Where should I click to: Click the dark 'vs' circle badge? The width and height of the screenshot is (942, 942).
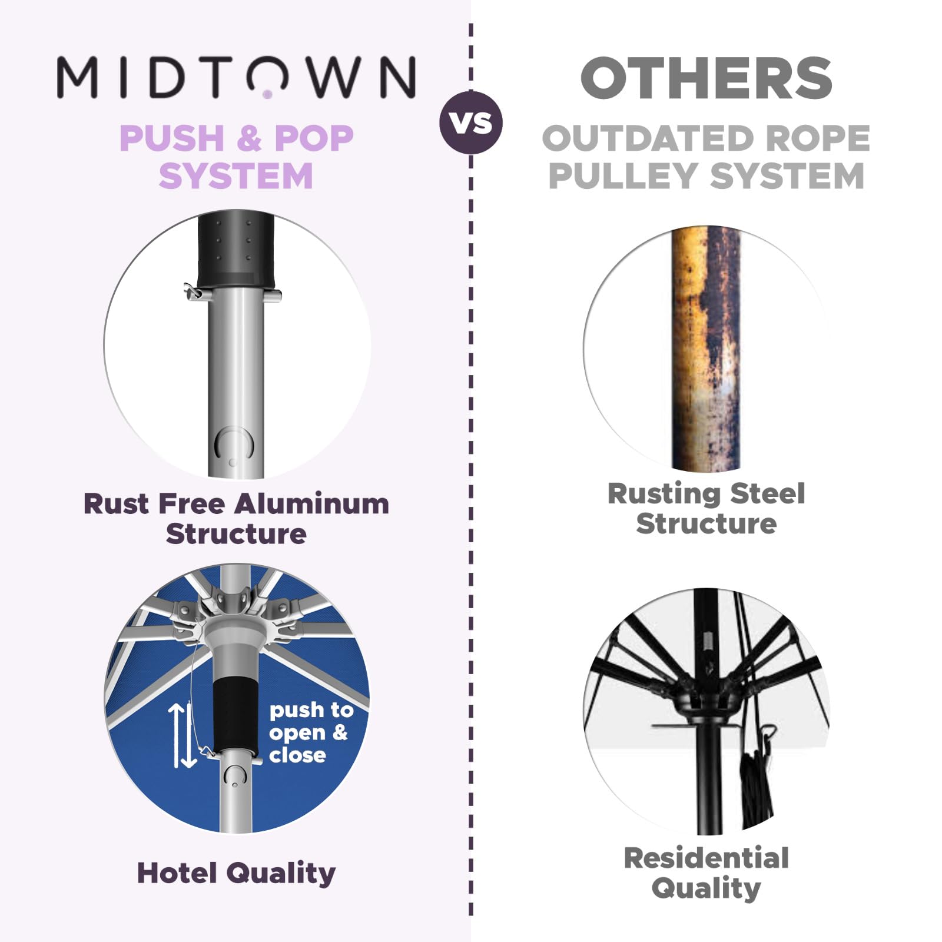471,122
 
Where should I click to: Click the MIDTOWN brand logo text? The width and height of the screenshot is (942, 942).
236,77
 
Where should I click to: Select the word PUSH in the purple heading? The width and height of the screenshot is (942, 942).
171,138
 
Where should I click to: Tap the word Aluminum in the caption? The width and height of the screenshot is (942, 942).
311,504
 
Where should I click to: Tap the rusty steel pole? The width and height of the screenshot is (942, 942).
705,347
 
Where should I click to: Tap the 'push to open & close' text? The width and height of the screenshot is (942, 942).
310,732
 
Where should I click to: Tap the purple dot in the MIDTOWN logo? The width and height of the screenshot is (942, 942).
267,94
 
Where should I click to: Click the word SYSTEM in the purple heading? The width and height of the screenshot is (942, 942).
235,176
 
